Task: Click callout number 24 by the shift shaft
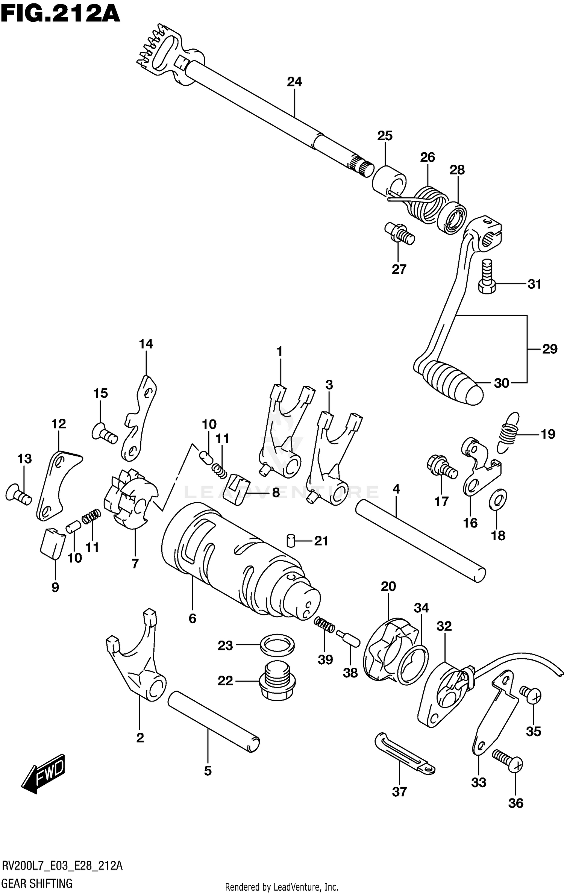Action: point(294,82)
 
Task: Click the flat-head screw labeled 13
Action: point(19,494)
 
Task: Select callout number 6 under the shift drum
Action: point(193,618)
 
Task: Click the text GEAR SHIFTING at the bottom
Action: point(37,880)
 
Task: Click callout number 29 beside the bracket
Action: point(549,349)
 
